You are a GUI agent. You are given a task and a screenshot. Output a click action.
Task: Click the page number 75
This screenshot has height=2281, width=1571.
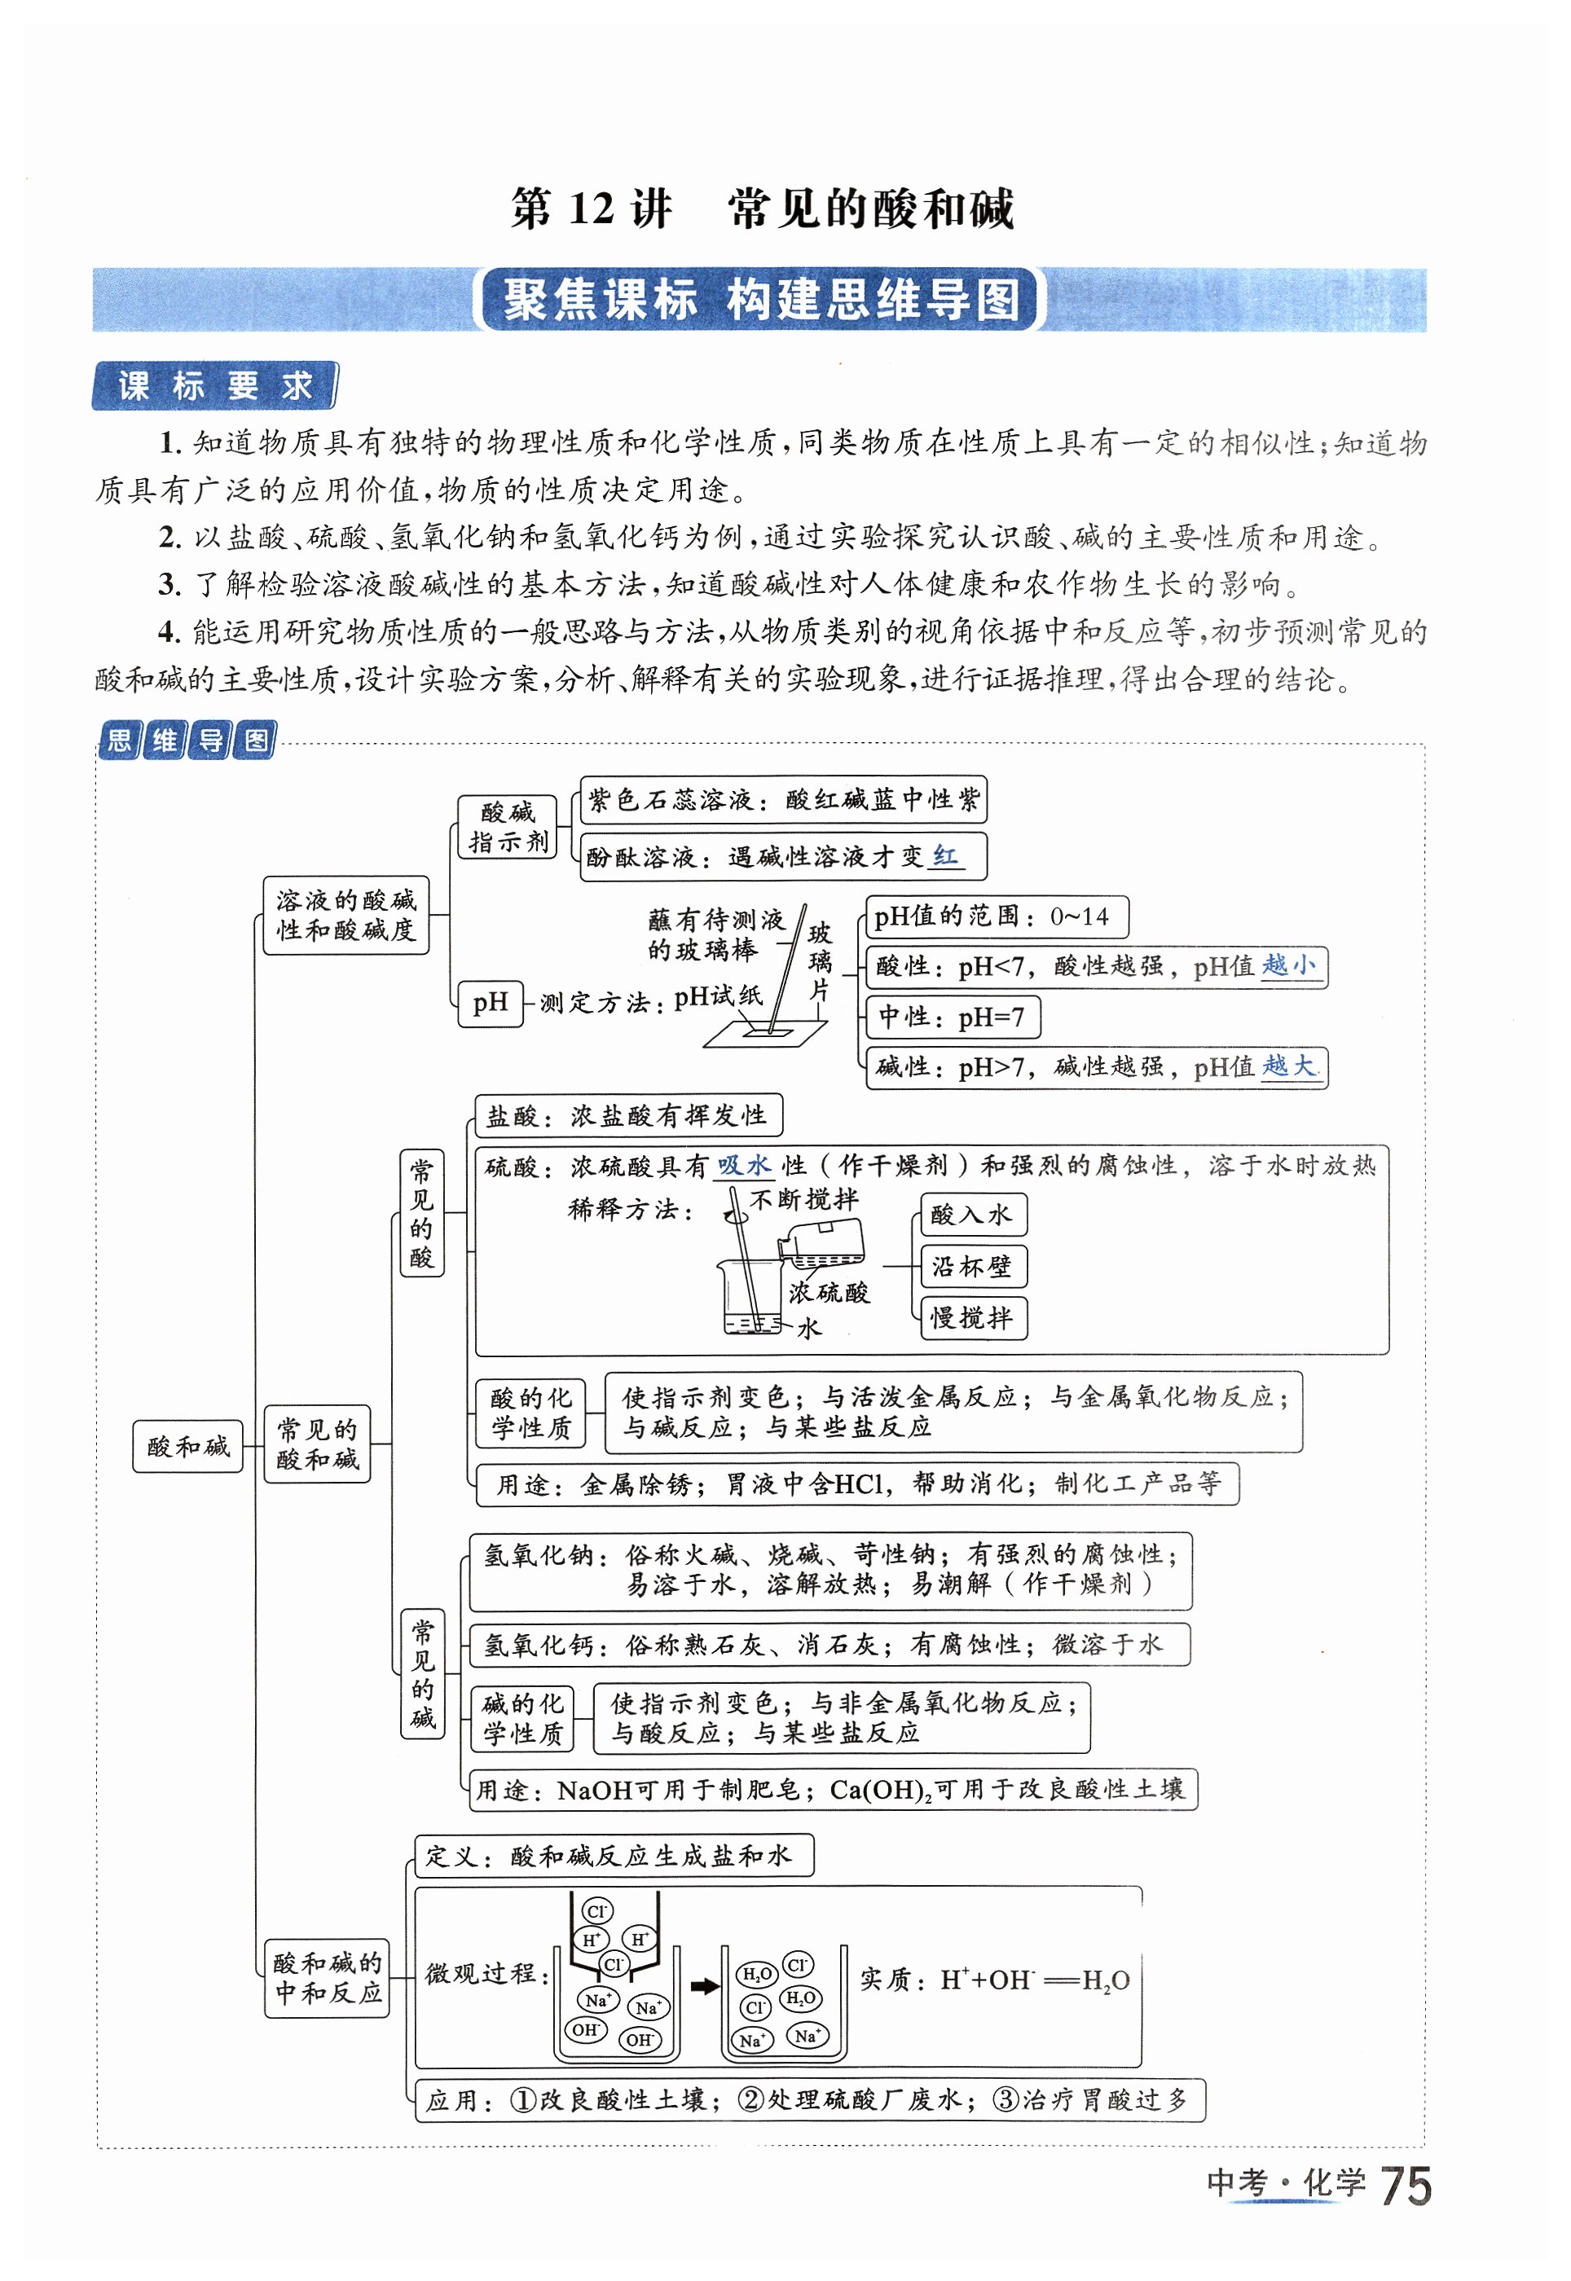click(1406, 2187)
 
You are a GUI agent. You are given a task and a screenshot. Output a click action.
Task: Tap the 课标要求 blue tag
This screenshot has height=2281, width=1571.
click(214, 386)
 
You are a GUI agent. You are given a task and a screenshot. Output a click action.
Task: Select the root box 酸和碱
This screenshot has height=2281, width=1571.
click(188, 1445)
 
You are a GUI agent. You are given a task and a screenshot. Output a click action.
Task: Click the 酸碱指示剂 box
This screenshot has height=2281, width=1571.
click(508, 827)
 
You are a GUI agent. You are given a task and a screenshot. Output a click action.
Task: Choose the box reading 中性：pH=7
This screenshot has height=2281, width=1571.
click(952, 1017)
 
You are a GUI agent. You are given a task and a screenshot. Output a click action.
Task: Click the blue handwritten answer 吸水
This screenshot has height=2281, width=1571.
click(744, 1166)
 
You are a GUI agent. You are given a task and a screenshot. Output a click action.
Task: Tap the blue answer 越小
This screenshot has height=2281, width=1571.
click(1288, 965)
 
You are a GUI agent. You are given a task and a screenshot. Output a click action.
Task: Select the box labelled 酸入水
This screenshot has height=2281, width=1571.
click(971, 1215)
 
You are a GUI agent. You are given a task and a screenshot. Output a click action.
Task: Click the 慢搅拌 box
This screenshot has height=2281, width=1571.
click(971, 1317)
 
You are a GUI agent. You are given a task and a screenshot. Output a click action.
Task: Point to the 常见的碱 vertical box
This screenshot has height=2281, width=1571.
click(422, 1674)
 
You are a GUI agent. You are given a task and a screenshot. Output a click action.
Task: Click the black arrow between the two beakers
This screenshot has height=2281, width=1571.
click(705, 1987)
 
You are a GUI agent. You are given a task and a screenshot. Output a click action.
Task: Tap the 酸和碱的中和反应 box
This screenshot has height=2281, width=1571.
click(328, 1978)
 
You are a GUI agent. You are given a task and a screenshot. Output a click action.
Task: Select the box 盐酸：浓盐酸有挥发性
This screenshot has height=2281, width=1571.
click(628, 1115)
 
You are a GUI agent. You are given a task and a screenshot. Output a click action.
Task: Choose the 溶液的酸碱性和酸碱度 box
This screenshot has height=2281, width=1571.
click(345, 915)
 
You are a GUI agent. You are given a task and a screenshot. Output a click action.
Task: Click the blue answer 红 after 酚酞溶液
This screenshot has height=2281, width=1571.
click(946, 856)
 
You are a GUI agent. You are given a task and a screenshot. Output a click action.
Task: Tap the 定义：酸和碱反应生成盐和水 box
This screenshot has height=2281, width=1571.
click(614, 1856)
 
